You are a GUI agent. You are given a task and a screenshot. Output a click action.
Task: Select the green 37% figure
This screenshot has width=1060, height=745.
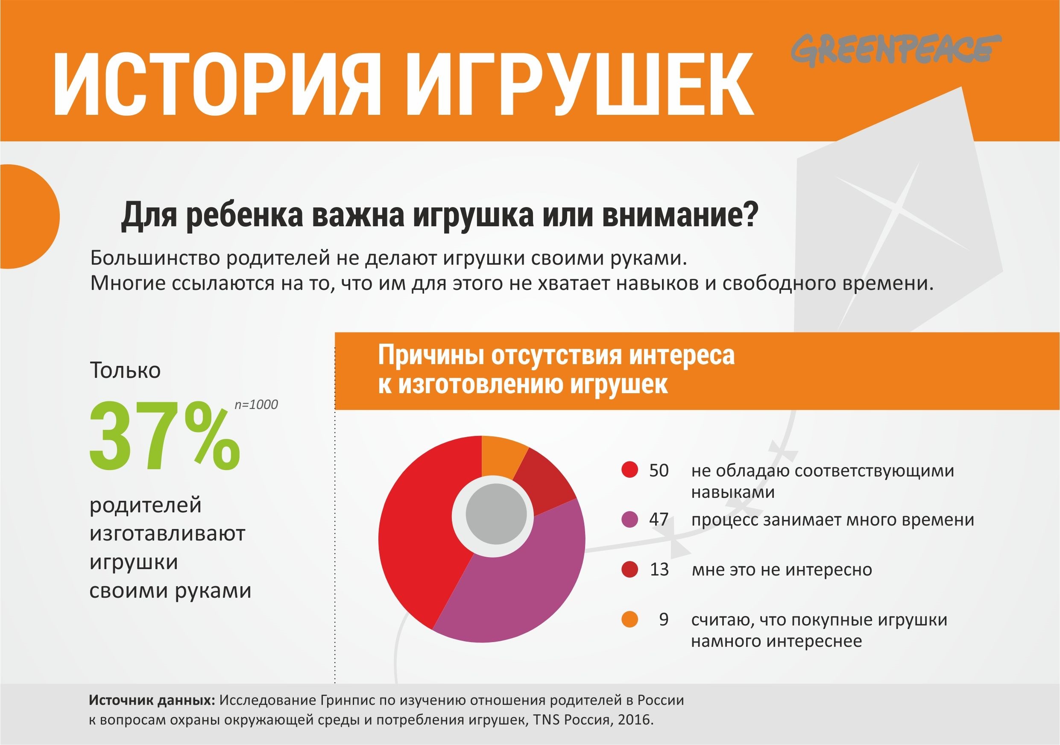tap(164, 436)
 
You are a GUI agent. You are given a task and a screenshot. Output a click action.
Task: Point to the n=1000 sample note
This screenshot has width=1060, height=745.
tap(256, 404)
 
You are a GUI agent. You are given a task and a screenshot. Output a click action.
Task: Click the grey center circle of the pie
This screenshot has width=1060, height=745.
tap(496, 514)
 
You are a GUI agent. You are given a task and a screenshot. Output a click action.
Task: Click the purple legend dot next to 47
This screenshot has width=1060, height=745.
tap(630, 520)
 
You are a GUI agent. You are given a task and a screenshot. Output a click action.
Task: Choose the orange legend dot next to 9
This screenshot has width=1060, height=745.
tap(630, 619)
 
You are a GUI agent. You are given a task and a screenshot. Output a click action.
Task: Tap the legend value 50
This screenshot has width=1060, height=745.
tap(659, 470)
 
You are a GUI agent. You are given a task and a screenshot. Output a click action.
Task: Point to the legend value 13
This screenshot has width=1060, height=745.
tap(659, 570)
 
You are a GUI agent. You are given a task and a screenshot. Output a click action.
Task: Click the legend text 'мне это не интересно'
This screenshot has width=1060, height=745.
tap(782, 570)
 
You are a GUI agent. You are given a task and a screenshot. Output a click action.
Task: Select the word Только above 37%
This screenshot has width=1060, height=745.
tap(125, 370)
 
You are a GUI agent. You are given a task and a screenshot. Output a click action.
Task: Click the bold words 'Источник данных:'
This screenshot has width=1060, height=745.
tap(152, 700)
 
